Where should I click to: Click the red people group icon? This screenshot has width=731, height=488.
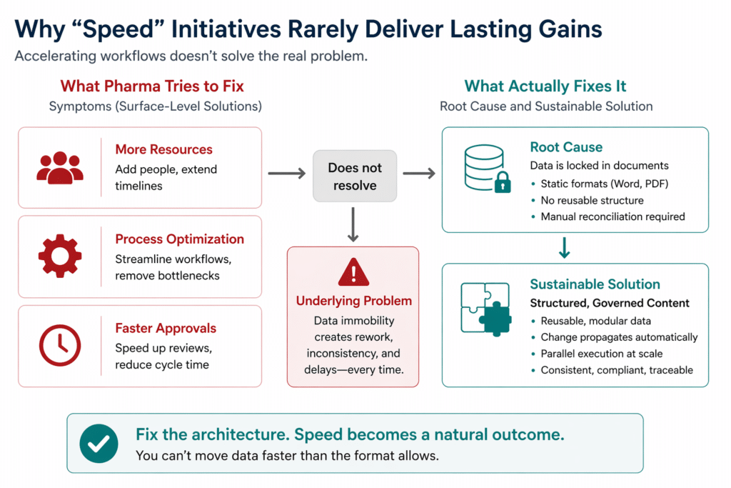pyautogui.click(x=60, y=168)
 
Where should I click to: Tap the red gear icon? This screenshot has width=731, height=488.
pyautogui.click(x=60, y=256)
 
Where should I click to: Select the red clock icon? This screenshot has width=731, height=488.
pyautogui.click(x=60, y=346)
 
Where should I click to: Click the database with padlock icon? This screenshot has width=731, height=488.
pyautogui.click(x=487, y=169)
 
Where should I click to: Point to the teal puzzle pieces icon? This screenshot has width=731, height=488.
pyautogui.click(x=486, y=309)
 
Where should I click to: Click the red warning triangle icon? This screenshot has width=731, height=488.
pyautogui.click(x=353, y=272)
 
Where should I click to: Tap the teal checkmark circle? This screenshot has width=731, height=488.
pyautogui.click(x=99, y=443)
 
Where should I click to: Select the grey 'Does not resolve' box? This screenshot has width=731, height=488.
pyautogui.click(x=355, y=176)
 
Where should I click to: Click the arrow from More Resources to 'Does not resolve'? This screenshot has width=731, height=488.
pyautogui.click(x=287, y=174)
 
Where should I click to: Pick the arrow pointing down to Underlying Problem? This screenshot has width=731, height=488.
pyautogui.click(x=353, y=224)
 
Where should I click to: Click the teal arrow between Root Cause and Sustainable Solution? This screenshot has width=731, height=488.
pyautogui.click(x=564, y=248)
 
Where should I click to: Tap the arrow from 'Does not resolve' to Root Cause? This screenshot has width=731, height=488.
pyautogui.click(x=419, y=174)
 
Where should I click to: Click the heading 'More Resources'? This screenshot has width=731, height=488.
pyautogui.click(x=163, y=149)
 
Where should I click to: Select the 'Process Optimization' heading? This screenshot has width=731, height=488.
pyautogui.click(x=179, y=239)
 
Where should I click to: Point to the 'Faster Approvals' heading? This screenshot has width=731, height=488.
pyautogui.click(x=166, y=328)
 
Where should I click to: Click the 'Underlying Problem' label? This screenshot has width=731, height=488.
pyautogui.click(x=354, y=301)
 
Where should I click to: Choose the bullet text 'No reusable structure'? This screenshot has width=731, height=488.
pyautogui.click(x=592, y=200)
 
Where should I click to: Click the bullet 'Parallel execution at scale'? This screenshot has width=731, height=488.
pyautogui.click(x=601, y=354)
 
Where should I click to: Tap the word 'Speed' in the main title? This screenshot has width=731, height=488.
pyautogui.click(x=118, y=29)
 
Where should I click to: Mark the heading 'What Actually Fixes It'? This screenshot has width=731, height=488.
pyautogui.click(x=545, y=86)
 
